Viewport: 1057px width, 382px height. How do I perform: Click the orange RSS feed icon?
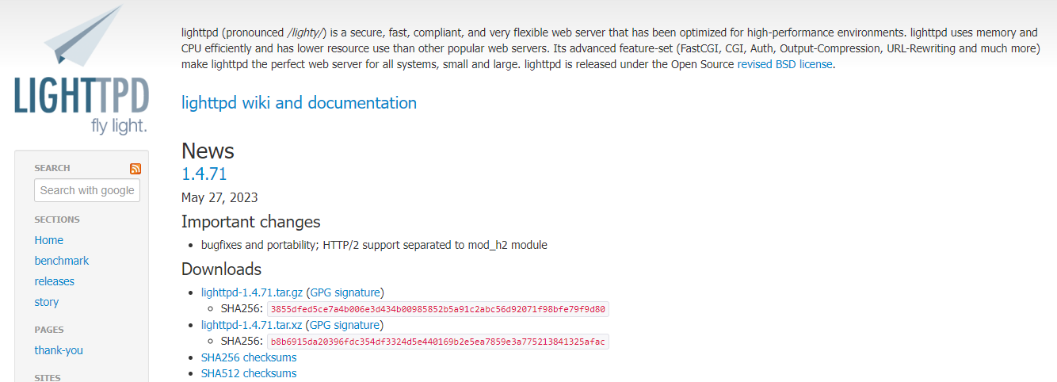point(135,168)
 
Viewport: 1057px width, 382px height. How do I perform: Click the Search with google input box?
point(87,190)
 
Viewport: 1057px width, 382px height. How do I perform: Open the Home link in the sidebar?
point(48,240)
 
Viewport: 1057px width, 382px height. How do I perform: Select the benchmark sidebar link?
point(62,261)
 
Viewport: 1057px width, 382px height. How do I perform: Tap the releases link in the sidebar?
point(54,281)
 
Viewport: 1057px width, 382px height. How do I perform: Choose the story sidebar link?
point(46,302)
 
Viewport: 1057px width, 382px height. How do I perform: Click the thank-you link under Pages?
point(59,350)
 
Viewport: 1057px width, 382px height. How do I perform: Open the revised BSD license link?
point(784,64)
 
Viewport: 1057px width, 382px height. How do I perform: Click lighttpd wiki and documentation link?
point(299,103)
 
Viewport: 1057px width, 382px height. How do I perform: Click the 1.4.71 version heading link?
point(204,174)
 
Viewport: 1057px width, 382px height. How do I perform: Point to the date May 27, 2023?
point(219,197)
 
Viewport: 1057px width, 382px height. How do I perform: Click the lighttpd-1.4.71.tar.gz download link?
point(252,292)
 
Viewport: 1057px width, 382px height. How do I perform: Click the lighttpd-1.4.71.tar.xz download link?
point(252,325)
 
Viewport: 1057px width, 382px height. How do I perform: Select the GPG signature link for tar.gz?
point(345,292)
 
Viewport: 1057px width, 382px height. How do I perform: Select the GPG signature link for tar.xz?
point(345,325)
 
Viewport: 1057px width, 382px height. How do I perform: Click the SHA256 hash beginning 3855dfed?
point(437,309)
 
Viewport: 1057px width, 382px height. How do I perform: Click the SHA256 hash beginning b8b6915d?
point(437,342)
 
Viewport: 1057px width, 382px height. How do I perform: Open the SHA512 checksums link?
point(249,373)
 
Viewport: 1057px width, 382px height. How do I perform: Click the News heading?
point(208,151)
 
